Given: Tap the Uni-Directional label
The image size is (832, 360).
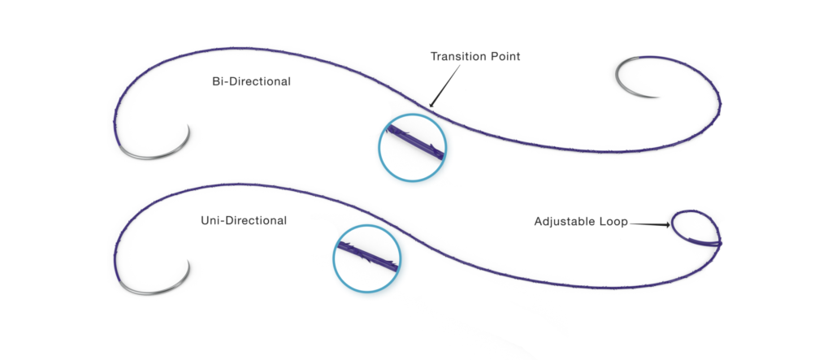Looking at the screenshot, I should [x=244, y=220].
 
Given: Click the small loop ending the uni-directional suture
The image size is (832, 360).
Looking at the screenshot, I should [x=695, y=228].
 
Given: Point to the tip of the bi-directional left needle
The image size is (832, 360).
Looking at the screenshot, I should [x=188, y=124].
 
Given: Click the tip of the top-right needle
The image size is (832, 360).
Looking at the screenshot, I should [x=660, y=98].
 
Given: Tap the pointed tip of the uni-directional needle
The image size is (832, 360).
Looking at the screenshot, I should [x=188, y=260].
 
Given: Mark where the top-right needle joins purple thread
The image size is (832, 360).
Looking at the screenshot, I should [x=642, y=59].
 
